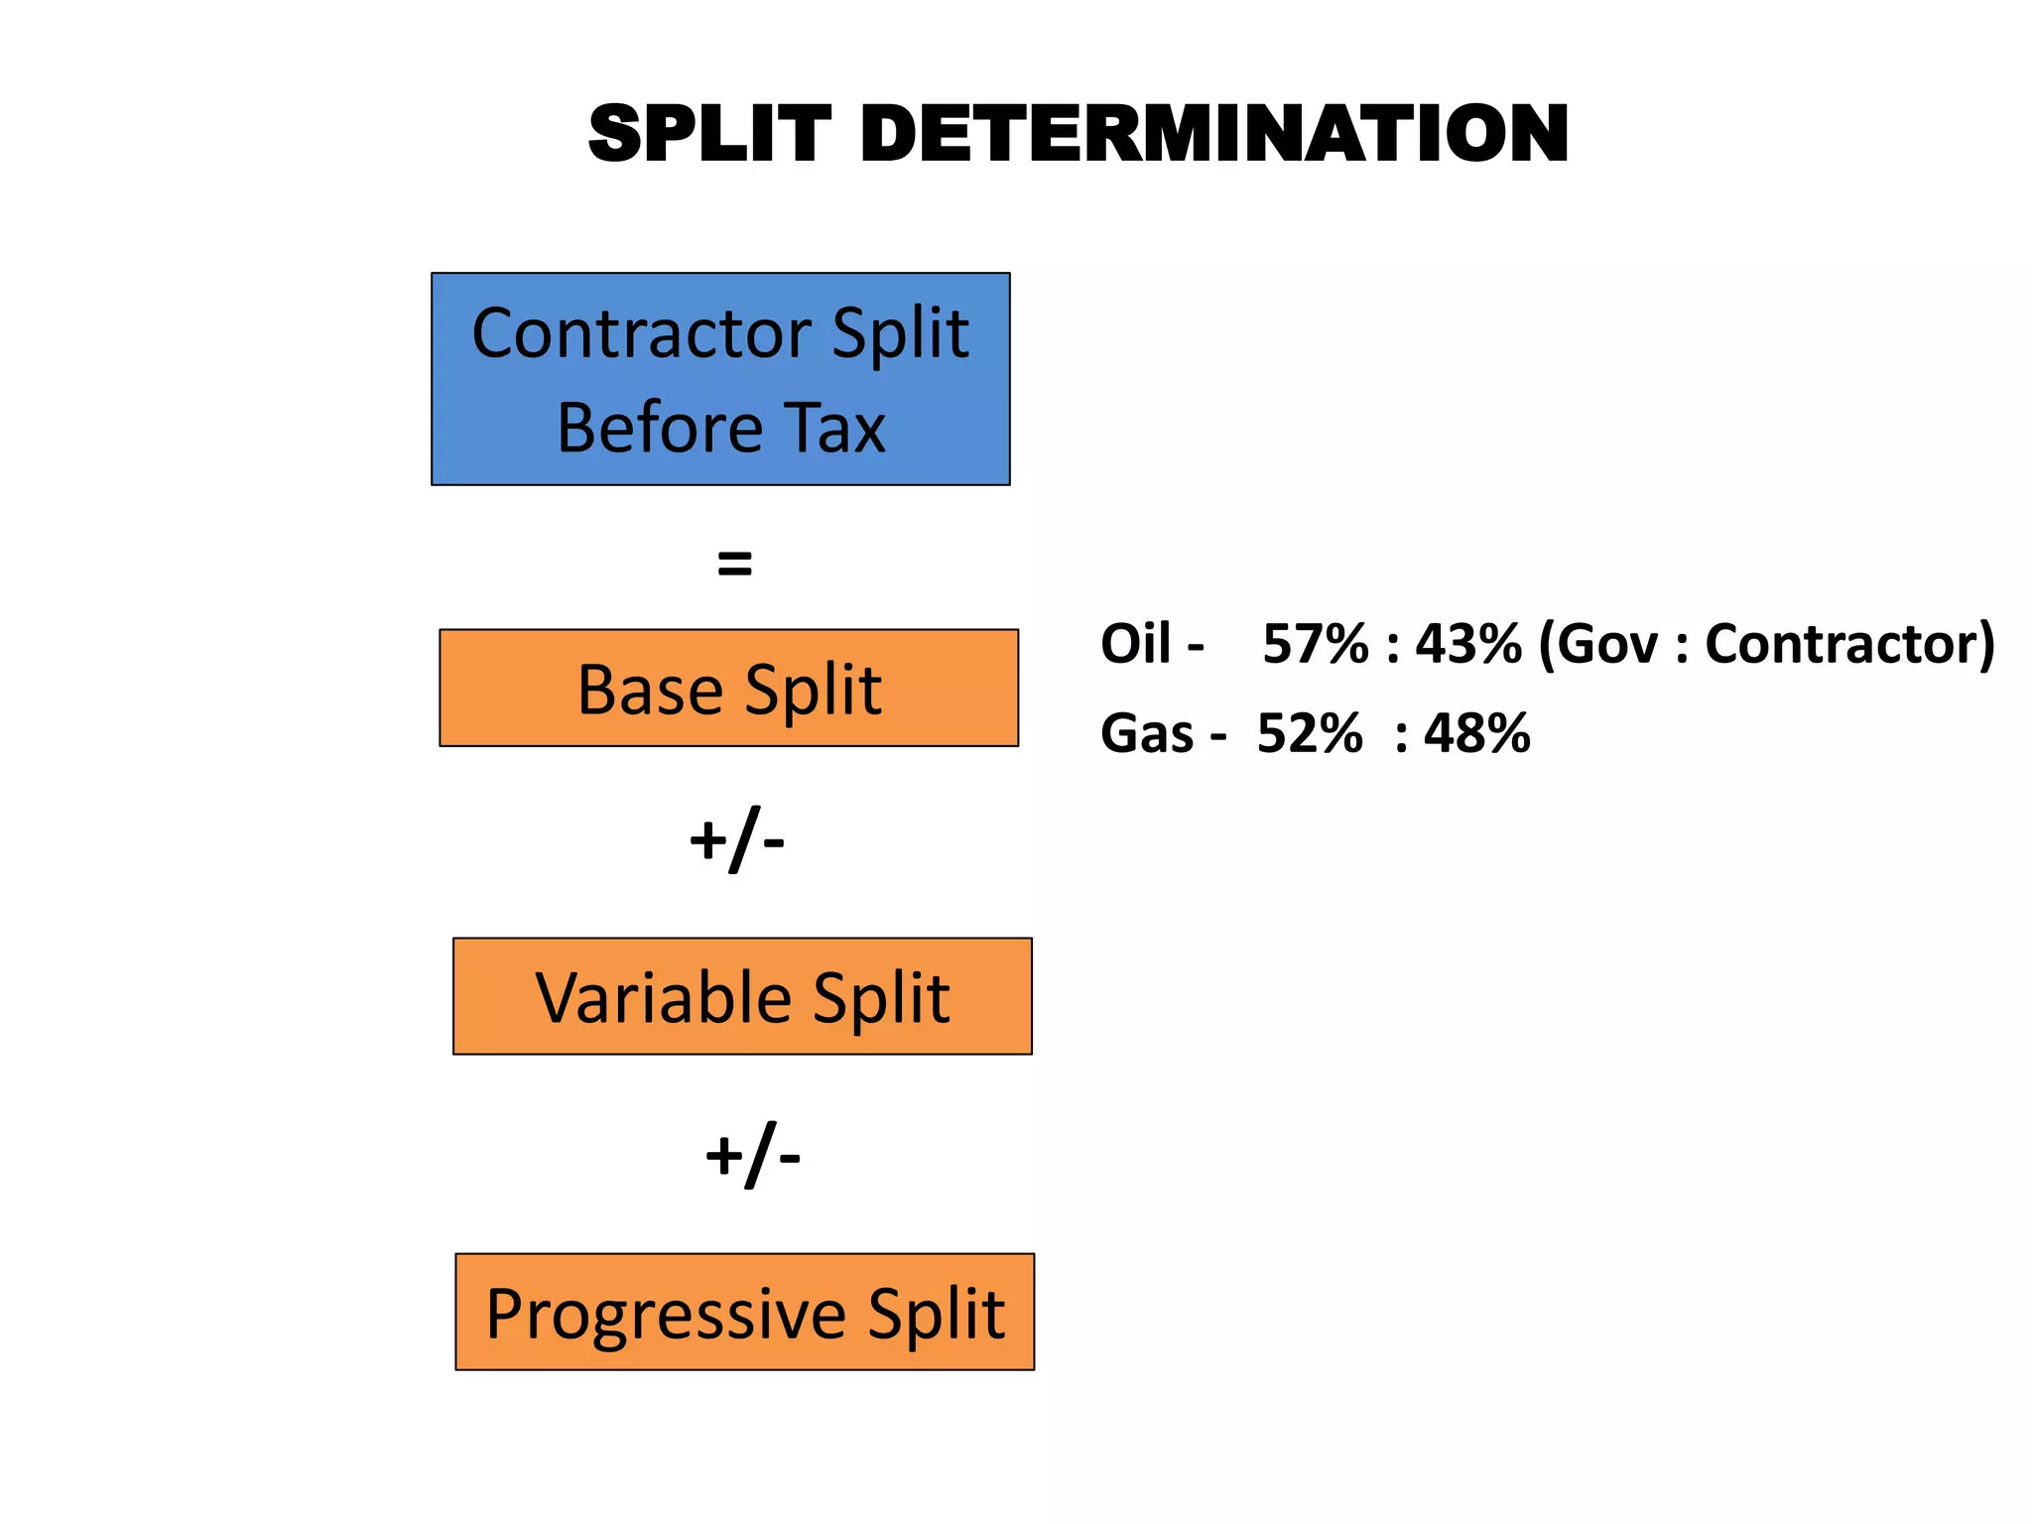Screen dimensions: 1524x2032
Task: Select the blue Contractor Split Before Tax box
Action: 720,378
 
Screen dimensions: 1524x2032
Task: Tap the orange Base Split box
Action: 728,688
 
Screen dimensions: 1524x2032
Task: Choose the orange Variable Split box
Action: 742,996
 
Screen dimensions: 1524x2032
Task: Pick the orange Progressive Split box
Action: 744,1312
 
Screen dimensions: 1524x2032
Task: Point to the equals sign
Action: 734,564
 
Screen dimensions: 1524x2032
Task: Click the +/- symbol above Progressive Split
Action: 752,1156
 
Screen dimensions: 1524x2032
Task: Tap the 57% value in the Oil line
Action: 1315,644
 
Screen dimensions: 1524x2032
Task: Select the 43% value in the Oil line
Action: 1467,644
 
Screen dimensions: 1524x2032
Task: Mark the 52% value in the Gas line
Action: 1309,734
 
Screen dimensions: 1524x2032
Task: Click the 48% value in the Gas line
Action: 1476,734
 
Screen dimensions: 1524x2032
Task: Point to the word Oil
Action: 1135,644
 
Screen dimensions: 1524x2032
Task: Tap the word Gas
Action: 1146,734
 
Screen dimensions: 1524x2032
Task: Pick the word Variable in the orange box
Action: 663,998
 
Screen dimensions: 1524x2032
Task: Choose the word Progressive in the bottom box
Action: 666,1315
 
